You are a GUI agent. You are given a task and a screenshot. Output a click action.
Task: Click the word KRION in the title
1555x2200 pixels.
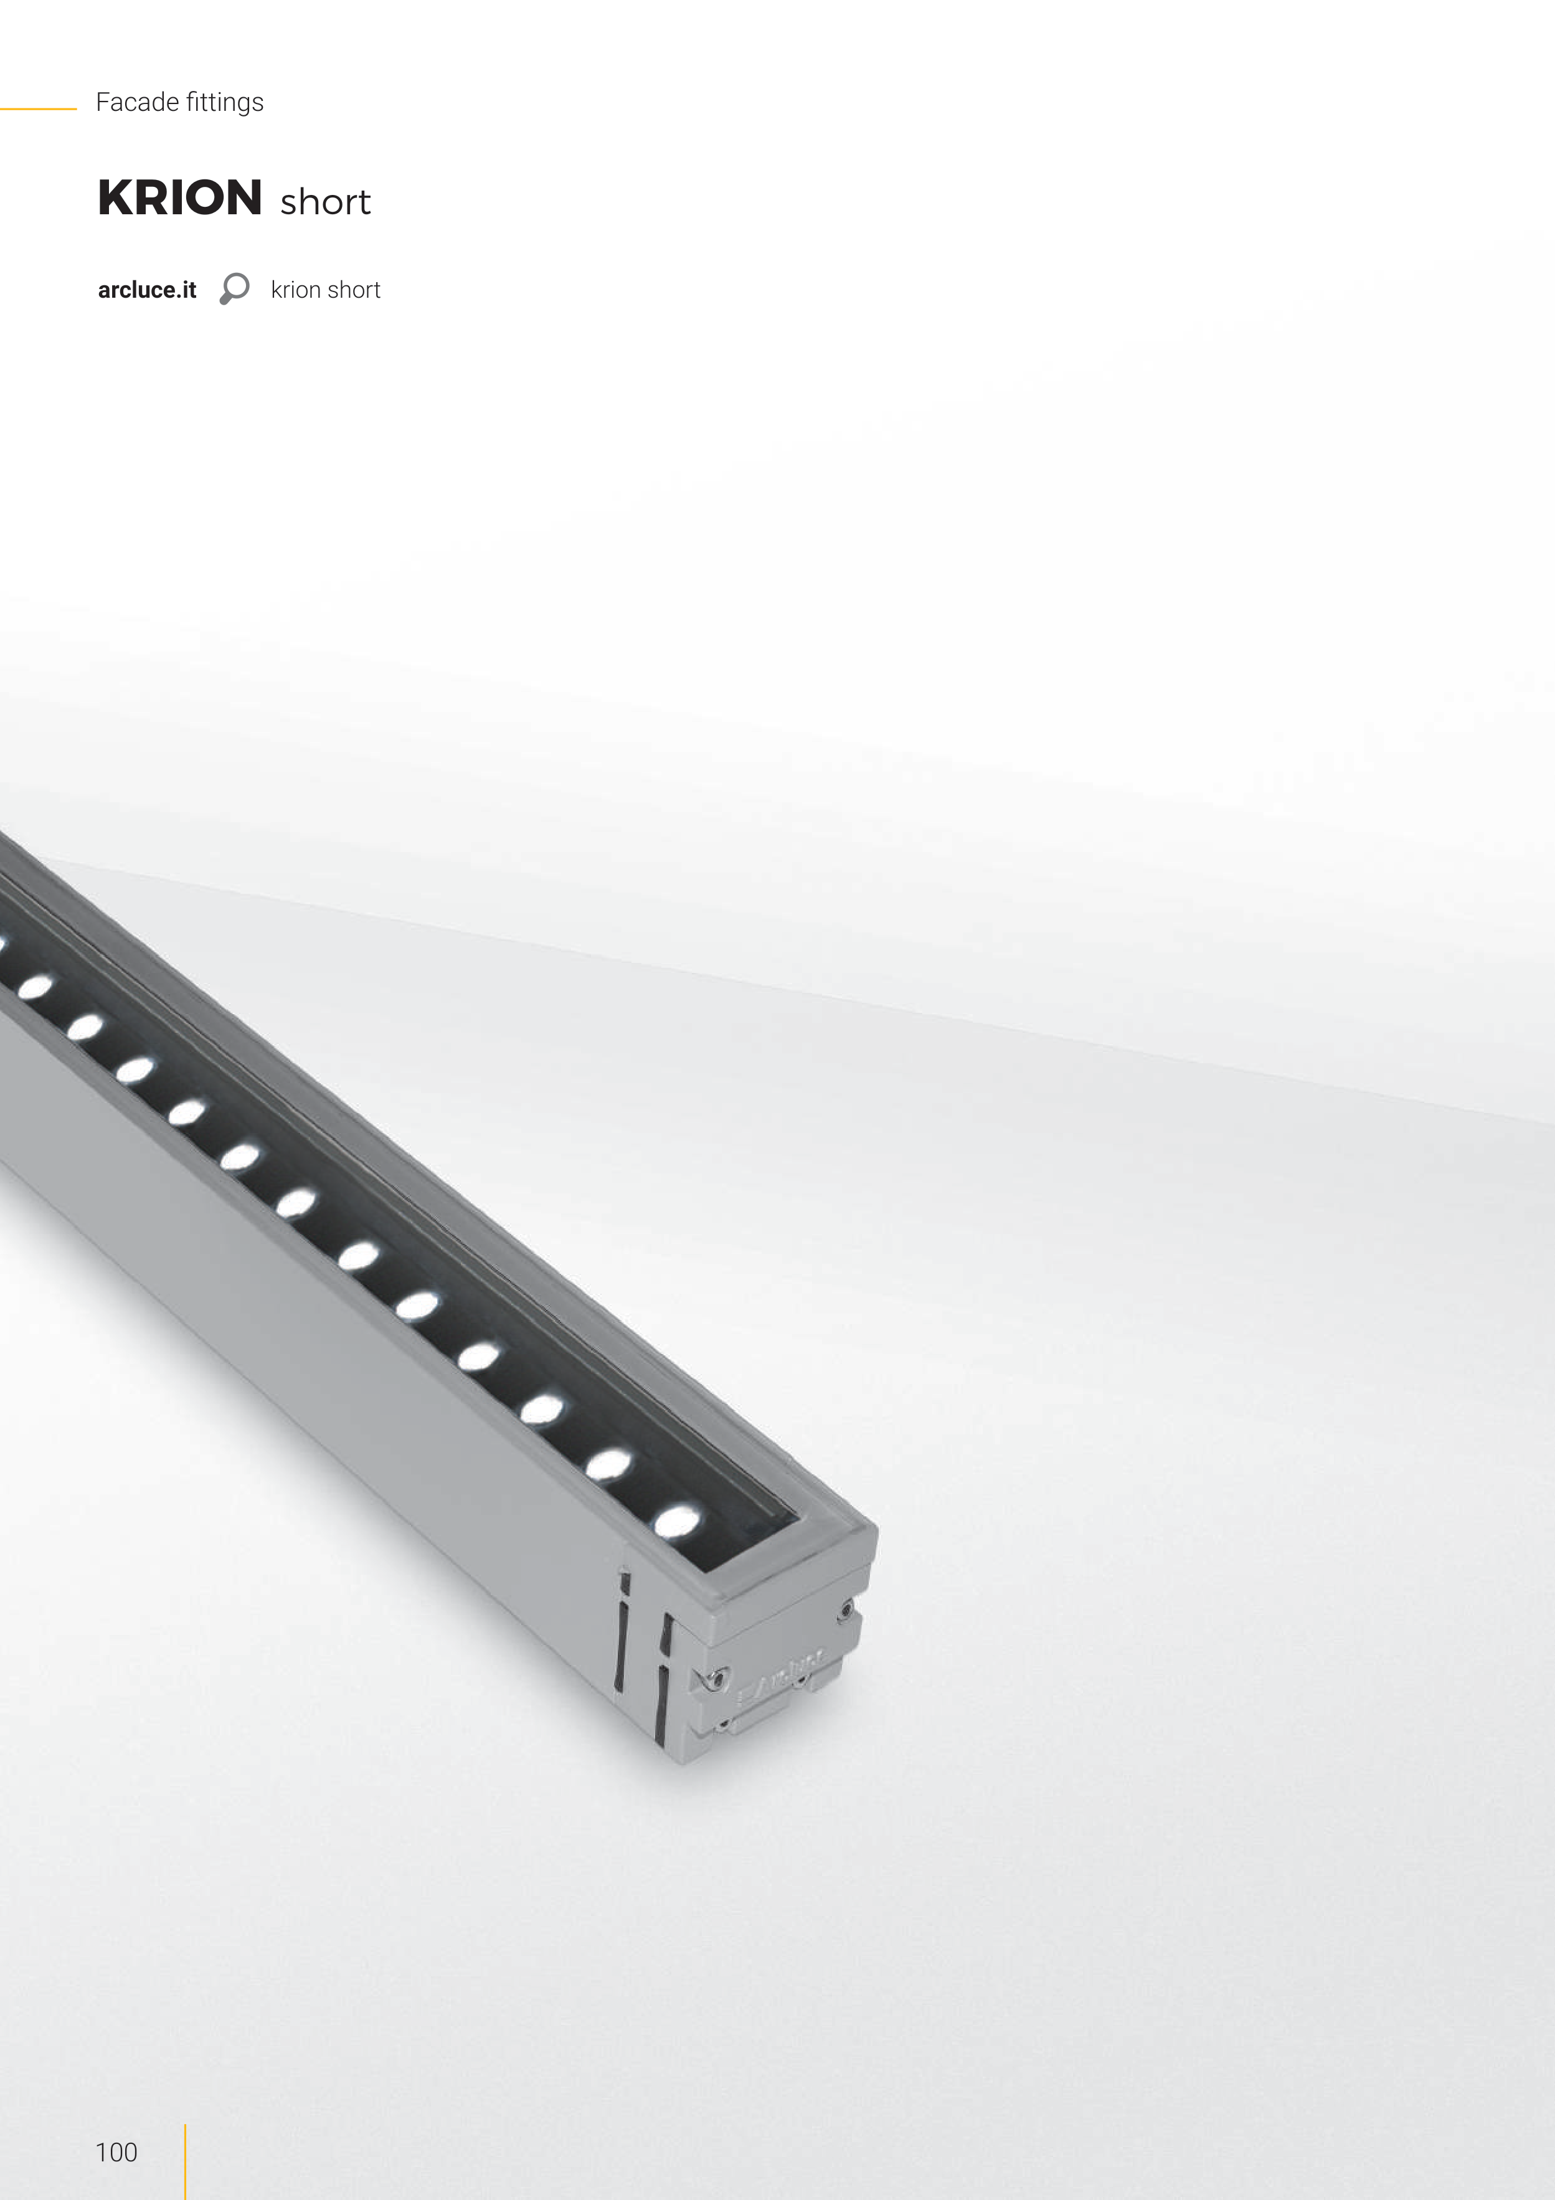[180, 197]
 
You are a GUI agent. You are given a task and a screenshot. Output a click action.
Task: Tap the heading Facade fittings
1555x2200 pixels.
[179, 102]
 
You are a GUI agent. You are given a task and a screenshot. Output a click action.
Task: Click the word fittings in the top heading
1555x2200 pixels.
[225, 102]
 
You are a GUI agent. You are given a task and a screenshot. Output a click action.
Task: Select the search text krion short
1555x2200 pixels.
[326, 290]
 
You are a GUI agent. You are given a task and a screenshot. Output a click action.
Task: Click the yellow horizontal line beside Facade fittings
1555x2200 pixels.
[39, 109]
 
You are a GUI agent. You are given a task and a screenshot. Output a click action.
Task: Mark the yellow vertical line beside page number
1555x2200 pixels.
[185, 2161]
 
